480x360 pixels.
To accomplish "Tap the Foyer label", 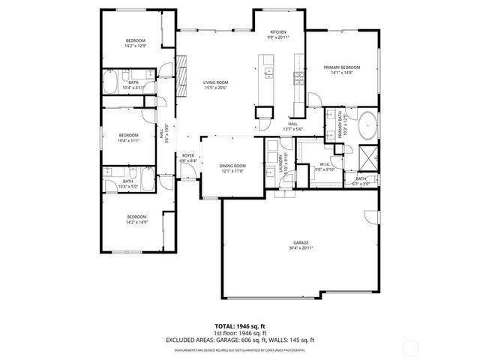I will (187, 158).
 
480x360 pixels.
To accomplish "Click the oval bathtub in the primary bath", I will (367, 125).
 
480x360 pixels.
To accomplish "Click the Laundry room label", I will (280, 163).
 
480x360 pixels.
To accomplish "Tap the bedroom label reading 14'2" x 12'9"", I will (135, 43).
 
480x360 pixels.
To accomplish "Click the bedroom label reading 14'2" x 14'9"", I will (135, 220).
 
